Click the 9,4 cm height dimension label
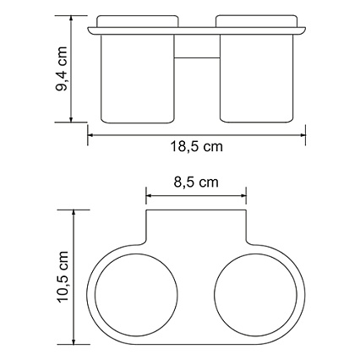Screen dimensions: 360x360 (62, 68)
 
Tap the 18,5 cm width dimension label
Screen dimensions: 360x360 (196, 147)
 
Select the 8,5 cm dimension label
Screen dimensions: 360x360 (196, 183)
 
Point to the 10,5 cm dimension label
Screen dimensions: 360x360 (63, 277)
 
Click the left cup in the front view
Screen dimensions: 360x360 (137, 79)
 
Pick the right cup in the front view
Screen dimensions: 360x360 (256, 79)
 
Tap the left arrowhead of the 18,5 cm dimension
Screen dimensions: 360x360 (90, 135)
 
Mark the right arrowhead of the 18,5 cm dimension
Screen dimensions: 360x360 (303, 135)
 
